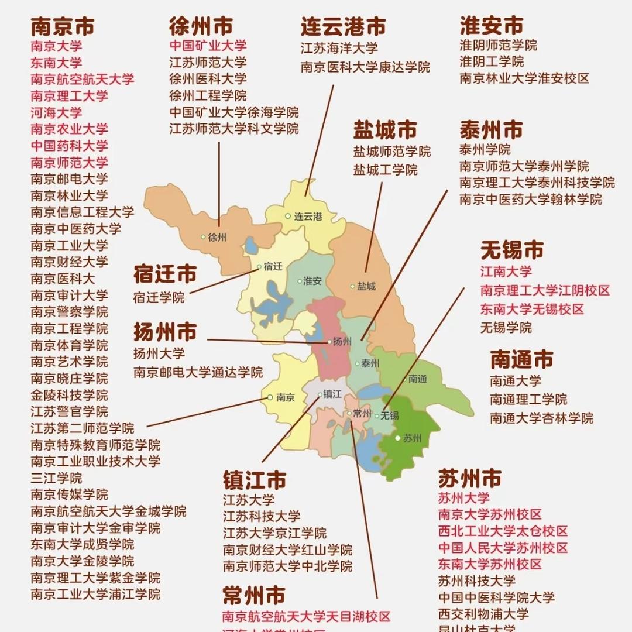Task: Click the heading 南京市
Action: [x=63, y=26]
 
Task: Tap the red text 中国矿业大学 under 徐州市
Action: [x=208, y=46]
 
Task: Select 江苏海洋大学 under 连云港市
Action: [x=339, y=48]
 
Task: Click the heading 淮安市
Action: [x=492, y=26]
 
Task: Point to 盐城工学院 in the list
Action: [x=385, y=170]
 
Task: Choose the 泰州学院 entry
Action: [x=485, y=149]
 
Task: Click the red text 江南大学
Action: [x=506, y=272]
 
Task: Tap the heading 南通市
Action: [x=521, y=359]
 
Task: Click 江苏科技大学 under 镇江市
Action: [x=262, y=516]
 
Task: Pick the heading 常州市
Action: [x=253, y=596]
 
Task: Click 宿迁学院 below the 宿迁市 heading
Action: [x=159, y=297]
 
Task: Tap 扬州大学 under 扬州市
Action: [x=159, y=353]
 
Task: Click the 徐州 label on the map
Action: [x=217, y=237]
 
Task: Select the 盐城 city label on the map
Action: [x=366, y=286]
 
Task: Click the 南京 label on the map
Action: [x=284, y=397]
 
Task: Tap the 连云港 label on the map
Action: [x=308, y=216]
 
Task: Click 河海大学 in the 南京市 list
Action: [x=56, y=112]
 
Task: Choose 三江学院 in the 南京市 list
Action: [x=56, y=478]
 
